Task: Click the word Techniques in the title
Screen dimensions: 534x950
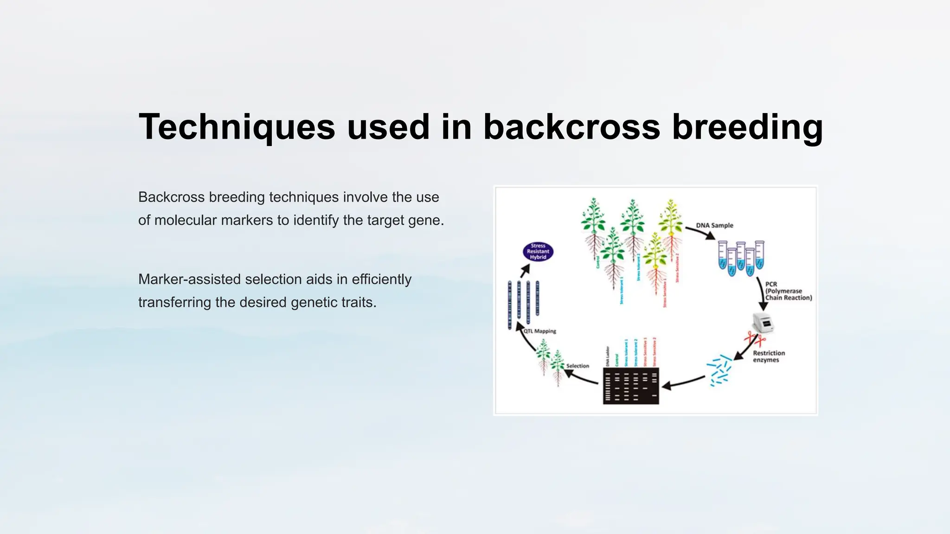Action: coord(237,127)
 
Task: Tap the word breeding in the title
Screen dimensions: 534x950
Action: coord(747,127)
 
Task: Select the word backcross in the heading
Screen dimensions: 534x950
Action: coord(571,127)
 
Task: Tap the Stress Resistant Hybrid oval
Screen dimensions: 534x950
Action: coord(538,252)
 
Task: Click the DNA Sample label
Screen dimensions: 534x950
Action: coord(714,225)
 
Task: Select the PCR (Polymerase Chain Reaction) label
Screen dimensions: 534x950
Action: coord(788,291)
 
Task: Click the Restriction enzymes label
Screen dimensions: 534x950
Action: coord(769,356)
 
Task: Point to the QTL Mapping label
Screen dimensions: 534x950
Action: coord(539,331)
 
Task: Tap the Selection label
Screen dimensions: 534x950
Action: coord(578,366)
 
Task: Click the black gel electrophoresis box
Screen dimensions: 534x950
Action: coord(631,386)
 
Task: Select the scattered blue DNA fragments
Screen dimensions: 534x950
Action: coord(719,370)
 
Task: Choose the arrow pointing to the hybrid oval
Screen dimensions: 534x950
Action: coord(525,271)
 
